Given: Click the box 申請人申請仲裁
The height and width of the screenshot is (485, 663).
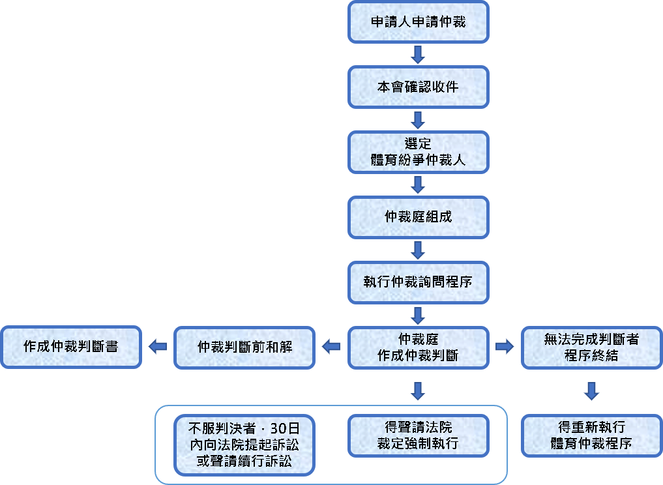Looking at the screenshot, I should click(x=418, y=22).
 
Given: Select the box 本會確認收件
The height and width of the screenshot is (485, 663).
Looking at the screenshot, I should click(x=418, y=87).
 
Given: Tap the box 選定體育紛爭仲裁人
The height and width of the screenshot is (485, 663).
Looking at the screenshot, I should click(x=418, y=152).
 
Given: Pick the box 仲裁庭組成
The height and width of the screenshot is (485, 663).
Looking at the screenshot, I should click(x=418, y=217).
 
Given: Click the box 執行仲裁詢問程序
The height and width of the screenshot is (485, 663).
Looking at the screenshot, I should click(x=418, y=282).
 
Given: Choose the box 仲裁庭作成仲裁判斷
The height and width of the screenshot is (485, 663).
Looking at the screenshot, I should click(x=418, y=347).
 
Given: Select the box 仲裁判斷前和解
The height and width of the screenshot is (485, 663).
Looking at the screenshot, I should click(x=244, y=347).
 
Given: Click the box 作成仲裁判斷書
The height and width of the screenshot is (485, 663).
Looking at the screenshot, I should click(x=70, y=347).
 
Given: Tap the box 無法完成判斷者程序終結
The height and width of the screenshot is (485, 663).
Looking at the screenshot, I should click(x=591, y=347).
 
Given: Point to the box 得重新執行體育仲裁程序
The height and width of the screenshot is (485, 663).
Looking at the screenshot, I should click(x=591, y=435).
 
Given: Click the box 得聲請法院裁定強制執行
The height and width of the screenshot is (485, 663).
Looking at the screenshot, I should click(x=418, y=435).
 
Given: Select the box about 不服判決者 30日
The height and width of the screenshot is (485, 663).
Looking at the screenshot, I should click(x=244, y=445).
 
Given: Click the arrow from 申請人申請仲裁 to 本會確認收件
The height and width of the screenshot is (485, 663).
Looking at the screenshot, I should click(x=418, y=54).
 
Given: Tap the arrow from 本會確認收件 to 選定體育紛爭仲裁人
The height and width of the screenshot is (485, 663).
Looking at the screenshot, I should click(x=418, y=119).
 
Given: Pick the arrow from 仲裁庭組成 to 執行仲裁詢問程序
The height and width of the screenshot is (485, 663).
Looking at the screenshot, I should click(x=418, y=250).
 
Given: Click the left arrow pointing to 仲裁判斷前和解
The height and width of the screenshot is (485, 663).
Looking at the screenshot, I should click(x=331, y=347).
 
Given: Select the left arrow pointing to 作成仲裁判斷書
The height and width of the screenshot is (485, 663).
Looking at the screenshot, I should click(x=157, y=347).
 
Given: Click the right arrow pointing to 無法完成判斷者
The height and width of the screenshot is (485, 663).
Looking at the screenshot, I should click(x=505, y=347).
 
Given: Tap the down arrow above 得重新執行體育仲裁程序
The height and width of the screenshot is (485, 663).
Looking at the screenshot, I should click(x=591, y=390).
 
